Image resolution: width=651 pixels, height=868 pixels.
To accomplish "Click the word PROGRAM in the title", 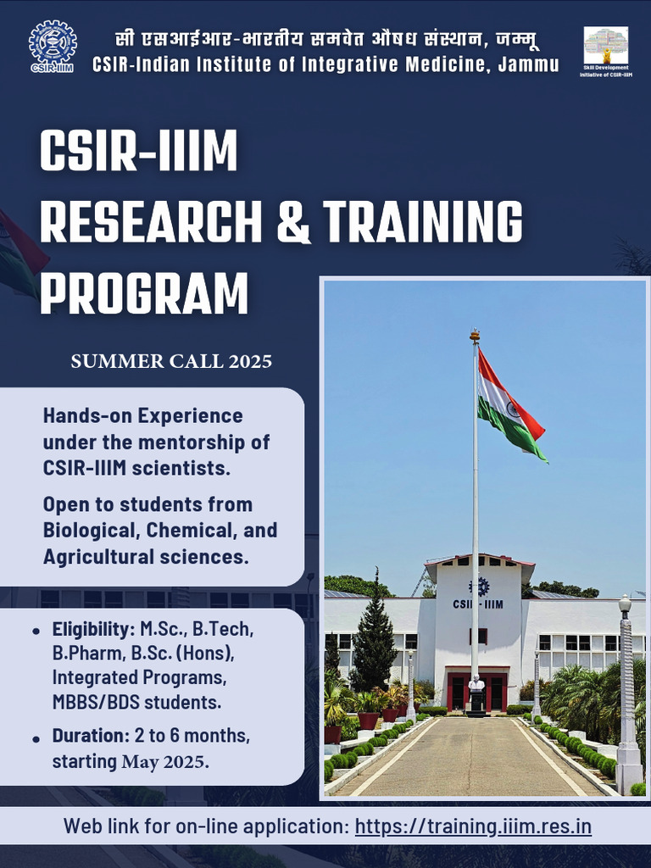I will [144, 292].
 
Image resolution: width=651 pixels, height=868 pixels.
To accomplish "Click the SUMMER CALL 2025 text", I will [171, 361].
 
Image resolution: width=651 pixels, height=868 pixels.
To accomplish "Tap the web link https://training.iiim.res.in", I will [472, 826].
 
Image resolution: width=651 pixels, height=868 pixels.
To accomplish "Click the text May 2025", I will [164, 761].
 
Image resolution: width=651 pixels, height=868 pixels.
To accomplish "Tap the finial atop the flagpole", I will [475, 336].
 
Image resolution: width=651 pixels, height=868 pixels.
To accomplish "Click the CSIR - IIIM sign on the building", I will [477, 604].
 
